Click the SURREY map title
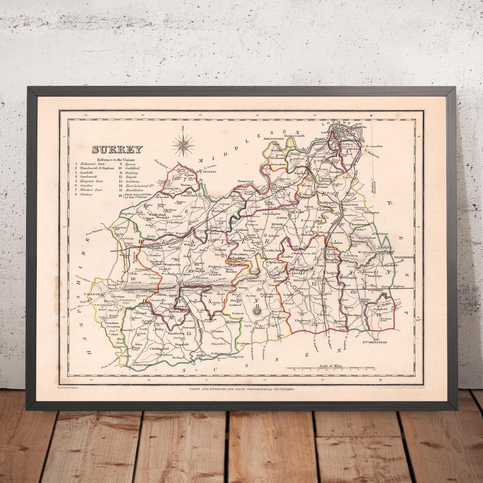pos(117,149)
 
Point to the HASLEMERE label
pos(143,365)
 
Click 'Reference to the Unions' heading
pos(116,160)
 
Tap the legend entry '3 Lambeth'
pos(85,172)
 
